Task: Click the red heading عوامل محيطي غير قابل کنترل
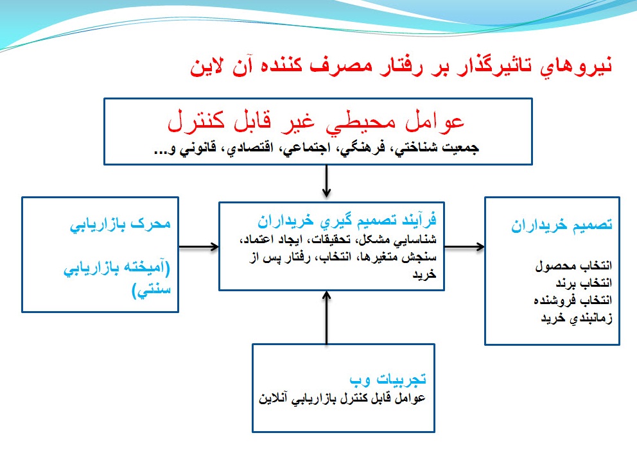(315, 122)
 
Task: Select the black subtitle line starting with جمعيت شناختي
(316, 148)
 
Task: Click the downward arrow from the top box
(327, 182)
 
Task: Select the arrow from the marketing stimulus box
(198, 246)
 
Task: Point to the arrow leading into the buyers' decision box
(464, 246)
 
